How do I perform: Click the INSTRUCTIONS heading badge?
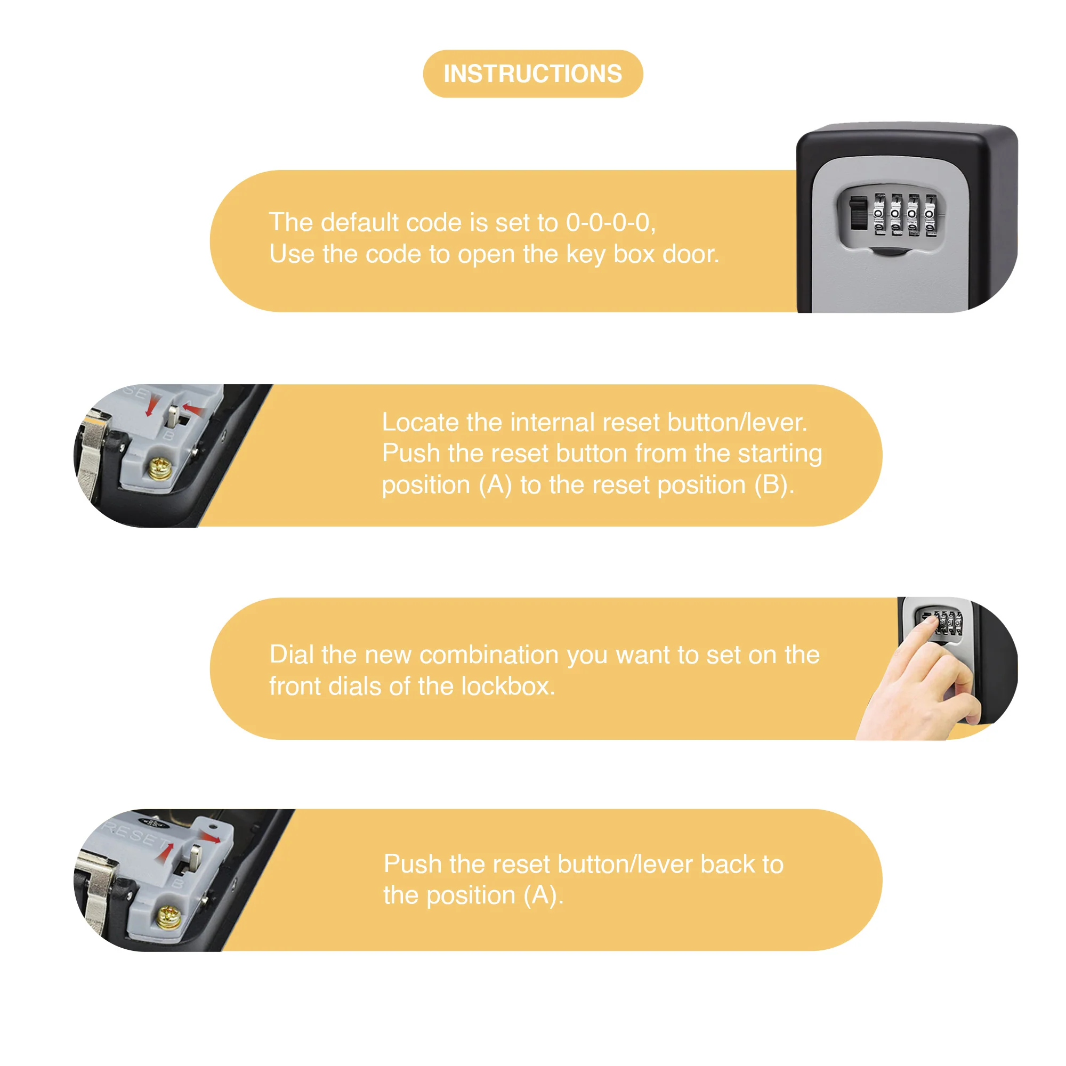pyautogui.click(x=532, y=74)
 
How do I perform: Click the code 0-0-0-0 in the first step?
pyautogui.click(x=610, y=222)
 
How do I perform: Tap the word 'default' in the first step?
pyautogui.click(x=359, y=222)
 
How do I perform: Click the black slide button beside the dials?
pyautogui.click(x=858, y=213)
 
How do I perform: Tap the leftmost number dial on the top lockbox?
pyautogui.click(x=879, y=214)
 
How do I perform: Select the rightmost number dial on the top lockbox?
pyautogui.click(x=931, y=214)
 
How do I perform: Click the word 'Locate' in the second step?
pyautogui.click(x=419, y=423)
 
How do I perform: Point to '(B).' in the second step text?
pyautogui.click(x=774, y=485)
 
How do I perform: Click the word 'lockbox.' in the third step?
pyautogui.click(x=507, y=687)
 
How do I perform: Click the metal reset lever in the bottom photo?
pyautogui.click(x=195, y=856)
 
